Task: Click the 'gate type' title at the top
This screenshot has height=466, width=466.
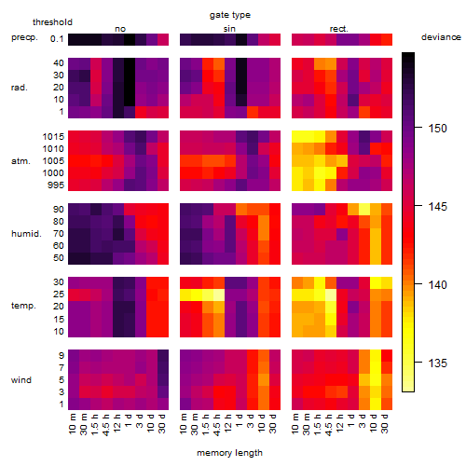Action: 230,15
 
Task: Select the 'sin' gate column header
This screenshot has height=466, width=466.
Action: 229,29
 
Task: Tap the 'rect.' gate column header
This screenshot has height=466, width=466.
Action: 339,29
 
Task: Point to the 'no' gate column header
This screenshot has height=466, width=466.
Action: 120,29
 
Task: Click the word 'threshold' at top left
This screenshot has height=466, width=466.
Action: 52,22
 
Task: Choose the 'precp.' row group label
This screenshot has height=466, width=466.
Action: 24,37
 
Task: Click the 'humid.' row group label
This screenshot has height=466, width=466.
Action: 26,233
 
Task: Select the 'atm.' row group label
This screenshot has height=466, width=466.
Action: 21,161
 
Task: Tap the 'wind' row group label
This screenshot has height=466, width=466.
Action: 21,380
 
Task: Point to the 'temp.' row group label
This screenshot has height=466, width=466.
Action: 23,306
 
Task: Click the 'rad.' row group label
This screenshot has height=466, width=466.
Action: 20,88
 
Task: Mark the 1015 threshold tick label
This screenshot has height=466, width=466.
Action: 53,136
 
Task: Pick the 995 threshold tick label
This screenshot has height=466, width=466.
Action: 56,185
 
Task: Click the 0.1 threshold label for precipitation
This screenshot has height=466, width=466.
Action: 57,39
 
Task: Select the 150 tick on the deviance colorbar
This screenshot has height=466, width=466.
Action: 438,128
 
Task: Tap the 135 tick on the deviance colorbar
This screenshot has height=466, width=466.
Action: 438,363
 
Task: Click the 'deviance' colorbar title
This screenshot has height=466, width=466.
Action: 441,37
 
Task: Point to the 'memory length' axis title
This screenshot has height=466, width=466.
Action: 229,453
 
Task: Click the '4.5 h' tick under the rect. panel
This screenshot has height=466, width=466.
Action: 329,425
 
